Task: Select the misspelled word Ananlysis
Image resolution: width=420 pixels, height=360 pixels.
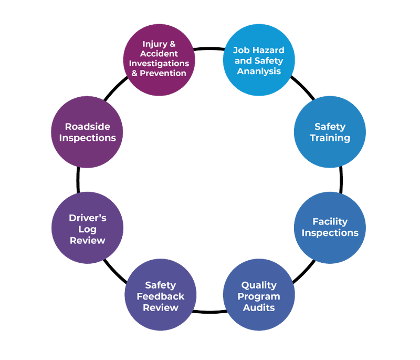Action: (x=259, y=71)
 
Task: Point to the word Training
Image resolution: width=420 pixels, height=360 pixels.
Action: (x=330, y=138)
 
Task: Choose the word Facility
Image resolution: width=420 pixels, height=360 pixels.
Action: (x=330, y=221)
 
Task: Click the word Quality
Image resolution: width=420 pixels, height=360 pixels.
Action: (x=259, y=285)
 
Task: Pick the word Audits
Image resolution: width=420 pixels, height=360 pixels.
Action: (x=259, y=307)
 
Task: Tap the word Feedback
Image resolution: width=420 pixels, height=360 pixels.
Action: (x=161, y=296)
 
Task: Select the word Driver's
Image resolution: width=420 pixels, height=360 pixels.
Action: (x=88, y=217)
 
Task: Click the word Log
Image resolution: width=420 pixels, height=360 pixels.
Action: (x=88, y=229)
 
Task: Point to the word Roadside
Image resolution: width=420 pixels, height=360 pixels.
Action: (x=87, y=127)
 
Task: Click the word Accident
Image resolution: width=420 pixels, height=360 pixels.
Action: (x=160, y=54)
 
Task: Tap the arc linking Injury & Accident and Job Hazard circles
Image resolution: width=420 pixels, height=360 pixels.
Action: (x=209, y=49)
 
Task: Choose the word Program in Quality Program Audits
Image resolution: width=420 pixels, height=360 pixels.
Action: (x=259, y=296)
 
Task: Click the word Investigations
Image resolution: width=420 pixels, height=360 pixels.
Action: (x=160, y=63)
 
